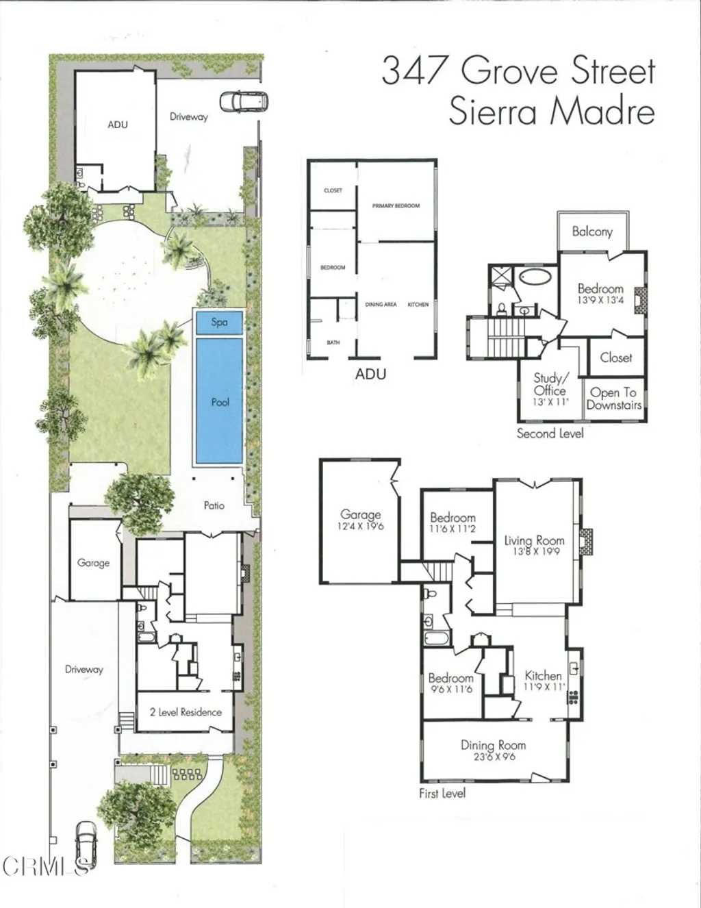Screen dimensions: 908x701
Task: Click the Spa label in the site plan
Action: (x=219, y=322)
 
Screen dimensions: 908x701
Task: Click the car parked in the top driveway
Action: (x=244, y=102)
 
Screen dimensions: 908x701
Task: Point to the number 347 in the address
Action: (x=416, y=71)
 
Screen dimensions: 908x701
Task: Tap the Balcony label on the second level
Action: (x=592, y=231)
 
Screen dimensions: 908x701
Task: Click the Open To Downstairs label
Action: (x=613, y=399)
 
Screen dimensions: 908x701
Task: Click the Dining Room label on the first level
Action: (x=493, y=745)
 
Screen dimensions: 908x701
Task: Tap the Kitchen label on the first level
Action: (x=543, y=676)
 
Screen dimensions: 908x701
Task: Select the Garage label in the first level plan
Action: (x=361, y=514)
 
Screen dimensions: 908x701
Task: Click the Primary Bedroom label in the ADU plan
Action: (x=396, y=205)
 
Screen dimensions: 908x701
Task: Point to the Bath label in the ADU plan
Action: (x=333, y=342)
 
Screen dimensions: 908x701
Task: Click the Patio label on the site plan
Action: (x=214, y=505)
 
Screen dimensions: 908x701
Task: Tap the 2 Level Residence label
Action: (x=186, y=712)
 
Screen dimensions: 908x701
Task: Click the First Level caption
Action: (x=442, y=793)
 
